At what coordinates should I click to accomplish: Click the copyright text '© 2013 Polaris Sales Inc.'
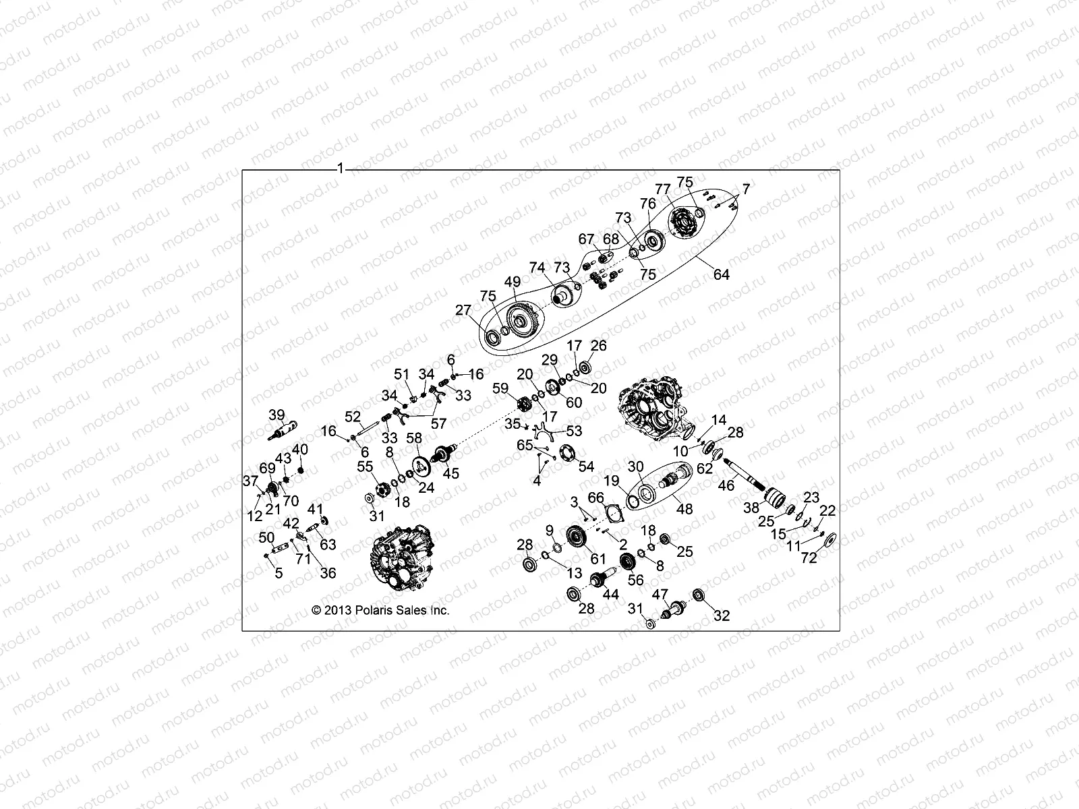(x=380, y=611)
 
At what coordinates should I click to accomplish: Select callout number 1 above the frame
(x=341, y=168)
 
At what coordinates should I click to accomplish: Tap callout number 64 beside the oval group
(x=721, y=274)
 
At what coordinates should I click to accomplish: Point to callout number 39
(x=277, y=415)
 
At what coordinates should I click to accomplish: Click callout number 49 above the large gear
(x=513, y=282)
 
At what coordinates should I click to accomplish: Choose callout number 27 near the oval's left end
(x=463, y=310)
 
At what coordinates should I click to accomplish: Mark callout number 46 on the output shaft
(x=726, y=484)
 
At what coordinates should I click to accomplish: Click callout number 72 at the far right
(x=809, y=558)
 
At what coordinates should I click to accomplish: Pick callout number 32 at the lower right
(x=722, y=616)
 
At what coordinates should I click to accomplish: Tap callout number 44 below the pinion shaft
(x=611, y=594)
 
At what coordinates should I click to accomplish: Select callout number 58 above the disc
(x=413, y=440)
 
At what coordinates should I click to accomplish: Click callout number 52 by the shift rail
(x=353, y=417)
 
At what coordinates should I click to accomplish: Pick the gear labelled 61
(x=577, y=537)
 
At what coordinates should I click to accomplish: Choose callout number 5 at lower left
(x=279, y=574)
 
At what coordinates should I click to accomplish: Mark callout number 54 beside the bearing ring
(x=587, y=467)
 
